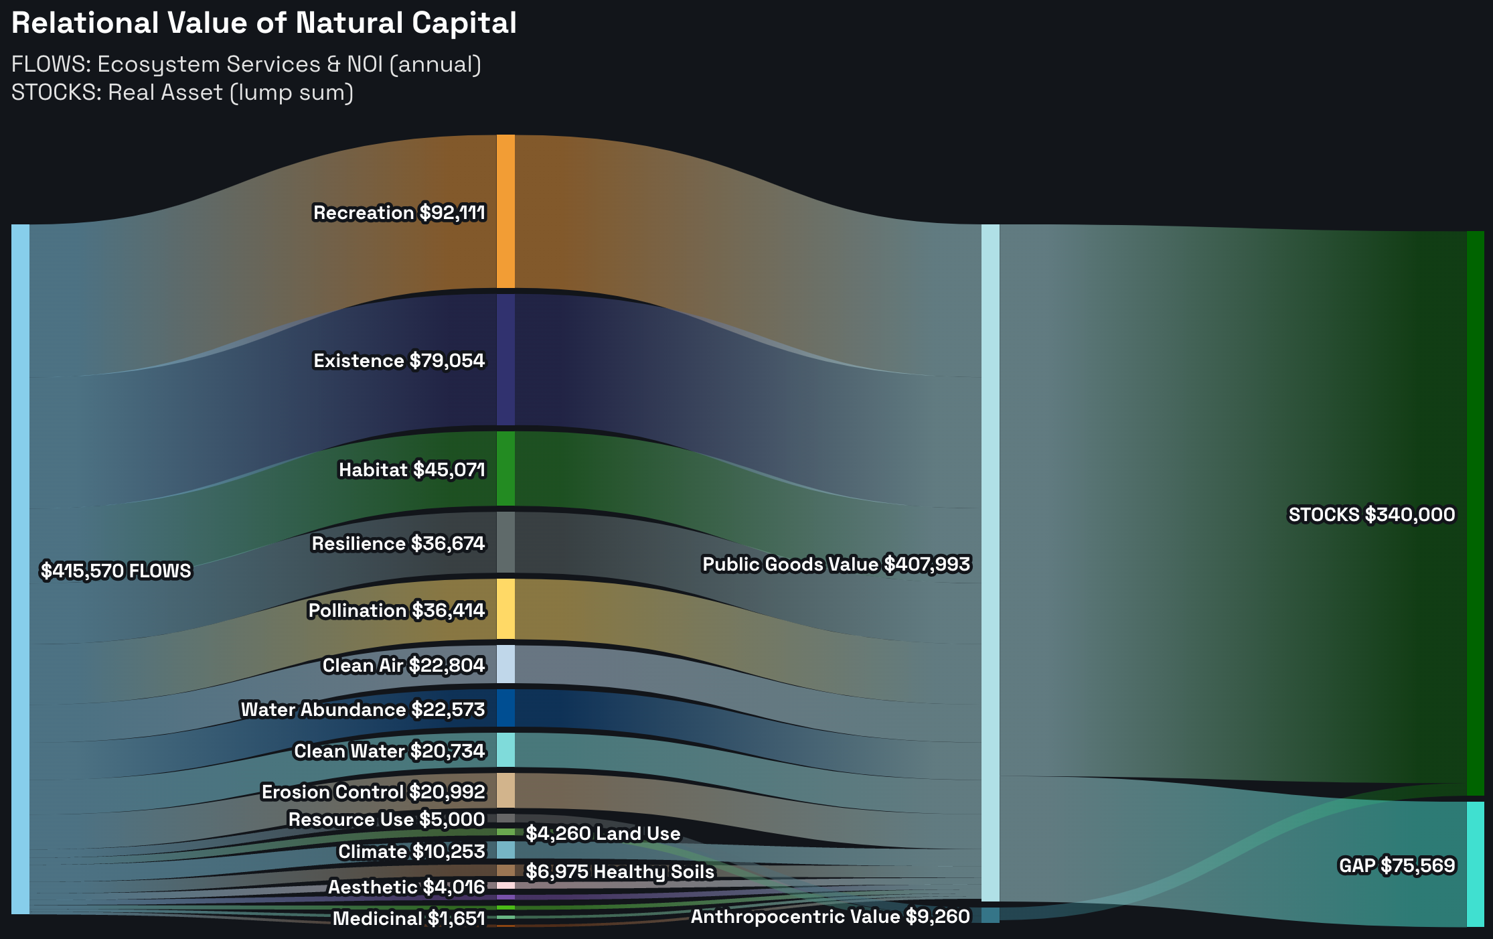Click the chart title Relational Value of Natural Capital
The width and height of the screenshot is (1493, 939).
pyautogui.click(x=264, y=23)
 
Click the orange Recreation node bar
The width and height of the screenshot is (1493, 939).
pyautogui.click(x=505, y=211)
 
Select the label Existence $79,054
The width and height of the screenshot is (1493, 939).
pyautogui.click(x=399, y=361)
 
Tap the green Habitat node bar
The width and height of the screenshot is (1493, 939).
pyautogui.click(x=505, y=468)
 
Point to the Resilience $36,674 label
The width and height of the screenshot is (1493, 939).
pyautogui.click(x=398, y=543)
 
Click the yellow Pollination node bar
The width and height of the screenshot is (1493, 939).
pyautogui.click(x=505, y=609)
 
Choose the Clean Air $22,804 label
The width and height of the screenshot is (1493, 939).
pyautogui.click(x=403, y=665)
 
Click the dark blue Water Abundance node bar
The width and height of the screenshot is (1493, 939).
pyautogui.click(x=505, y=708)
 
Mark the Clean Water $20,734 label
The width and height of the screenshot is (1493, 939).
pyautogui.click(x=389, y=751)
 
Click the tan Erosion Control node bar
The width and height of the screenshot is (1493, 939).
pyautogui.click(x=505, y=790)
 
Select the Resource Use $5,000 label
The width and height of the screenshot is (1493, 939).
pyautogui.click(x=386, y=819)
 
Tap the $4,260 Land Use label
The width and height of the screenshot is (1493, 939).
pyautogui.click(x=603, y=833)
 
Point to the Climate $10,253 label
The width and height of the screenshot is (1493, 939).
pyautogui.click(x=411, y=851)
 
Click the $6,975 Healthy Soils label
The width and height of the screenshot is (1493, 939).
pyautogui.click(x=620, y=871)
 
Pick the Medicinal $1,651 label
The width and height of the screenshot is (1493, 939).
pyautogui.click(x=408, y=918)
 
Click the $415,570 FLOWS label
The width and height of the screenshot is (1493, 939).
pyautogui.click(x=116, y=571)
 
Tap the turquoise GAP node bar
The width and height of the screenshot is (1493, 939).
pyautogui.click(x=1475, y=864)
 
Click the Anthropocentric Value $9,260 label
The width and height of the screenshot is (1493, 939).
pyautogui.click(x=830, y=916)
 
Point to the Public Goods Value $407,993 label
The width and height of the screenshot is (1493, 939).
pyautogui.click(x=836, y=565)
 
